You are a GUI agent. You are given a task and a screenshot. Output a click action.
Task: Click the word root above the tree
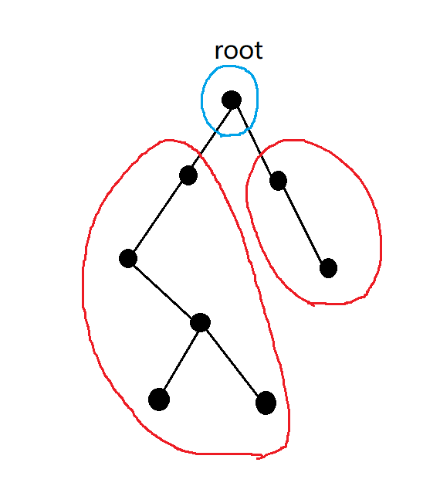[x=239, y=51]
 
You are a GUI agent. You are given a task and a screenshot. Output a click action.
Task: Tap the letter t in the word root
[x=258, y=52]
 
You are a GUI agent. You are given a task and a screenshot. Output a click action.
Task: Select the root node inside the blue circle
[x=232, y=100]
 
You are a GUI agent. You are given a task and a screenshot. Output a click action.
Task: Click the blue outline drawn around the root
[x=201, y=100]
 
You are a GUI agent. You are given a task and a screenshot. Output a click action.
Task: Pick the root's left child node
[x=188, y=175]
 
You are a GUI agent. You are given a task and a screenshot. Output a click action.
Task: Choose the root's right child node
[x=278, y=181]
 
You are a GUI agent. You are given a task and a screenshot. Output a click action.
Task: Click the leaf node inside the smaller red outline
[x=328, y=268]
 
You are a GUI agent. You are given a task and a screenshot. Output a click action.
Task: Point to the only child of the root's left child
[x=128, y=258]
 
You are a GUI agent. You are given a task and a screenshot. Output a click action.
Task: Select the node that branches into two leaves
[x=201, y=322]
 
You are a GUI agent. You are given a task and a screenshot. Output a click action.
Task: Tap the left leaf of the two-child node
[x=159, y=399]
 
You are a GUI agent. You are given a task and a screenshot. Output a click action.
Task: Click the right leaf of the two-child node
[x=266, y=403]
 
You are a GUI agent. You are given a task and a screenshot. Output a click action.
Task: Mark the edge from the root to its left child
[x=211, y=137]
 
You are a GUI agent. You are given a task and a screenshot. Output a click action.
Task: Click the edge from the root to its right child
[x=255, y=140]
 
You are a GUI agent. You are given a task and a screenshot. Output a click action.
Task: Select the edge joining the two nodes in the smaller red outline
[x=303, y=224]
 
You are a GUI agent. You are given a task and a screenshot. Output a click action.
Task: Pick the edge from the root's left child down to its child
[x=158, y=217]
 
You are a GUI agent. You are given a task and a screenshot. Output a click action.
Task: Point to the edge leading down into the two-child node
[x=164, y=291]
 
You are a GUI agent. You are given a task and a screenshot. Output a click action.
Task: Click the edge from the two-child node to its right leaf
[x=232, y=362]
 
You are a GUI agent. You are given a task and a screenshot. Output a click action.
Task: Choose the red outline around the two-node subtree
[x=381, y=239]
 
